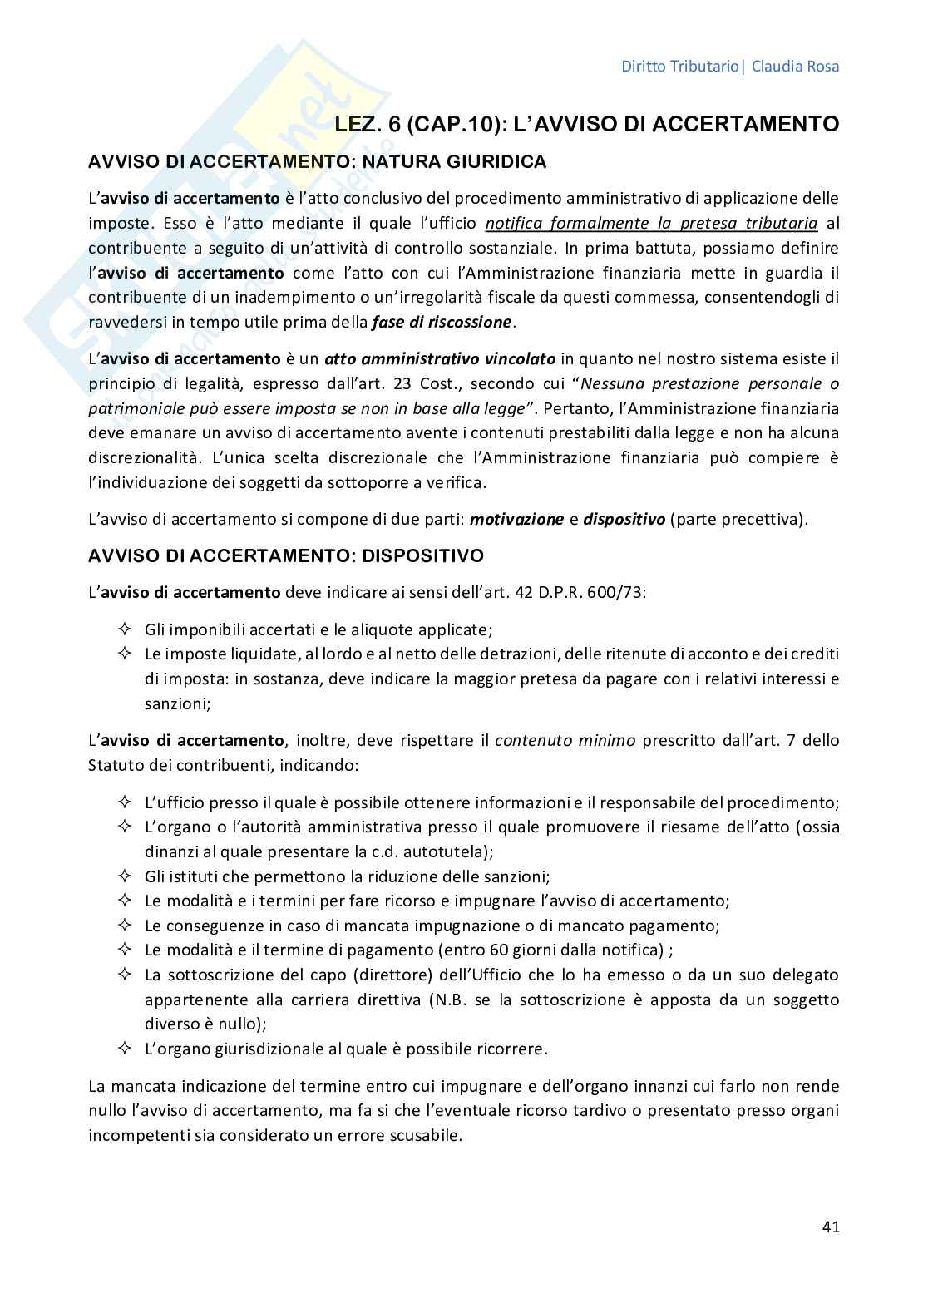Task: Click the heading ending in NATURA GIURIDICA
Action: pos(318,162)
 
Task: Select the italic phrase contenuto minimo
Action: pos(565,740)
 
